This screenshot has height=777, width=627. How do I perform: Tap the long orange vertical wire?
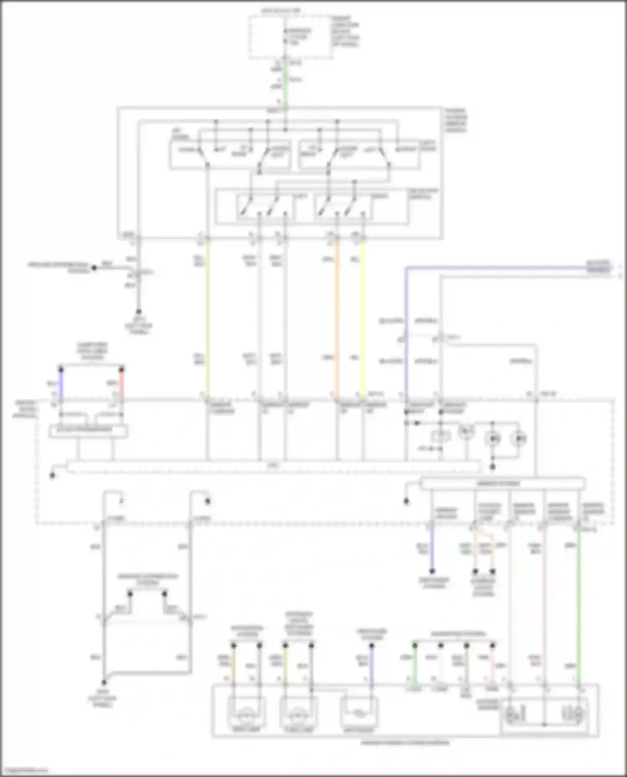click(x=337, y=317)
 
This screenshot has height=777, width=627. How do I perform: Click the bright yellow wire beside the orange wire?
click(x=363, y=317)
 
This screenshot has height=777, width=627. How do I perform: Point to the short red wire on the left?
click(x=122, y=384)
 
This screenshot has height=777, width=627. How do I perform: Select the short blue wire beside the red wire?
click(x=61, y=384)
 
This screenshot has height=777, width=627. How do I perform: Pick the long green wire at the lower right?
click(x=579, y=605)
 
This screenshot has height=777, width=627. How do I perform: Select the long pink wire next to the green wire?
click(x=545, y=605)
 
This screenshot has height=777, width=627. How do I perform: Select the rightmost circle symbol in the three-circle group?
click(x=518, y=438)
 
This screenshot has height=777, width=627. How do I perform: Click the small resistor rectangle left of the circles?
click(x=441, y=437)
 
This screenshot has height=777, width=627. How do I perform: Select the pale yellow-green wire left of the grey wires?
click(x=207, y=317)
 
